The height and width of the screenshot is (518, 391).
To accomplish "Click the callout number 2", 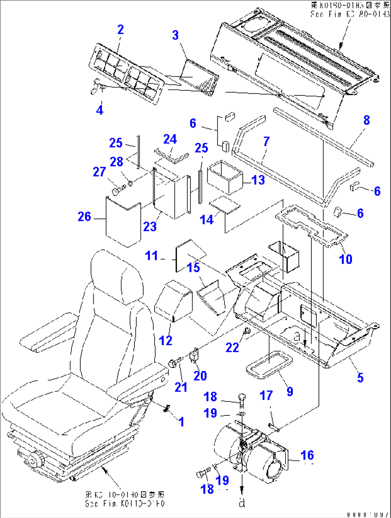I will pos(121,30).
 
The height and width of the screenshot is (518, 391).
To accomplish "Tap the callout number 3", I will pos(175,36).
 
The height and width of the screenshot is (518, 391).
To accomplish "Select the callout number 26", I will pos(85,217).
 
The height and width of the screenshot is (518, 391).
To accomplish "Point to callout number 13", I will pos(258,180).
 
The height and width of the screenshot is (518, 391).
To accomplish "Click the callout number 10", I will pos(345,259).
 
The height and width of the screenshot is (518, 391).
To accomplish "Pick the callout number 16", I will pos(307,455).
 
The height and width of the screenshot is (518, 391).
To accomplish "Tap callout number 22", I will pos(232,347).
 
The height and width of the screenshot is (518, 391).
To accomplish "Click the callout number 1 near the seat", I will pos(182,422).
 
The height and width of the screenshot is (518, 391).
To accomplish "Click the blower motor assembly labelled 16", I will pos(251,452).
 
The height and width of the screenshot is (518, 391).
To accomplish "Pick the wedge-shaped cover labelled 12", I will pos(173,301).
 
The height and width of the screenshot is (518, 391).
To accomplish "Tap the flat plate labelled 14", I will pos(225,205).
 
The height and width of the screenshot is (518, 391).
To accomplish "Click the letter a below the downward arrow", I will pos(242,503).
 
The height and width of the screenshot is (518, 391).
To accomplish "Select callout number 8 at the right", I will pos(366,120).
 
